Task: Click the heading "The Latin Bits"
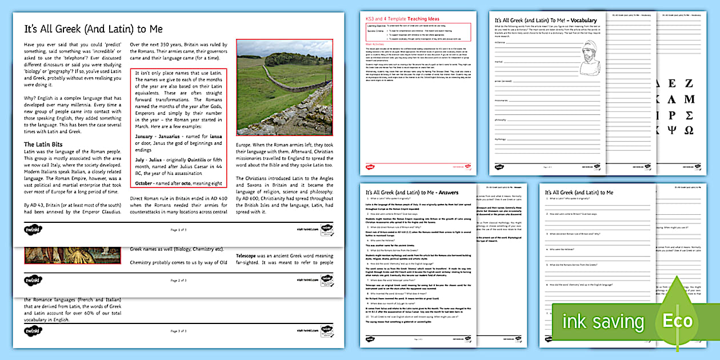(43, 144)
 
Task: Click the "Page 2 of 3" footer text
(179, 281)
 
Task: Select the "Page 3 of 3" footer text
(179, 331)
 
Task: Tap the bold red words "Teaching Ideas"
(423, 19)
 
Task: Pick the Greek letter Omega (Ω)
(689, 130)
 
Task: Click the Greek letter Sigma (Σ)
(689, 115)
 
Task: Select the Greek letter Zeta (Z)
(689, 83)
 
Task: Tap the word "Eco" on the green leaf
(677, 321)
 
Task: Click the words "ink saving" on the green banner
(602, 321)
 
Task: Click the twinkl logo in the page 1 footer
(33, 229)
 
